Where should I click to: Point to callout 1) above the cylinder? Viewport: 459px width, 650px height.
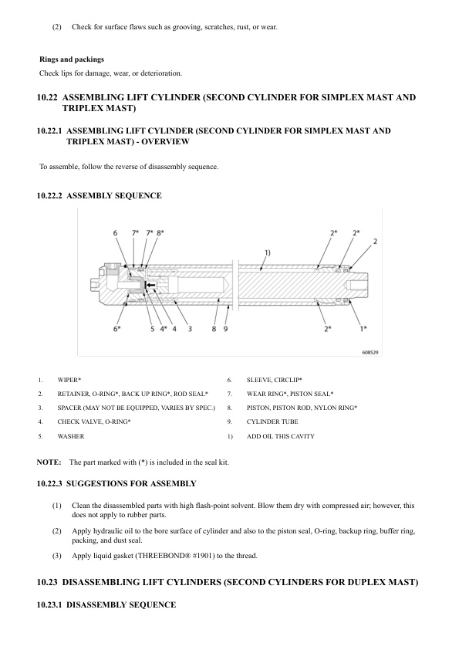pyautogui.click(x=267, y=252)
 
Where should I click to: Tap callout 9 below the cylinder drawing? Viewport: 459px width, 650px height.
pyautogui.click(x=226, y=330)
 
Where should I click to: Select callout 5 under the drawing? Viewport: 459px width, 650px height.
pyautogui.click(x=152, y=330)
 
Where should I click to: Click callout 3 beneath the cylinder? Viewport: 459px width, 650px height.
pyautogui.click(x=189, y=330)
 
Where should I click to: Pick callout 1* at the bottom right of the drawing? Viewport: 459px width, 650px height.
pyautogui.click(x=363, y=330)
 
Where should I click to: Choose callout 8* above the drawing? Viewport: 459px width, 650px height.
pyautogui.click(x=160, y=232)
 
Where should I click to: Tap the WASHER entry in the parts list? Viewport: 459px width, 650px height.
pyautogui.click(x=71, y=436)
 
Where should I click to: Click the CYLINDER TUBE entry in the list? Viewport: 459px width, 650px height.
pyautogui.click(x=272, y=422)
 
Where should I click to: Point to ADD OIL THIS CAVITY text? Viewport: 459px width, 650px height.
pyautogui.click(x=281, y=436)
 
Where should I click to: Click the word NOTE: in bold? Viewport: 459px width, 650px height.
pyautogui.click(x=49, y=462)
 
